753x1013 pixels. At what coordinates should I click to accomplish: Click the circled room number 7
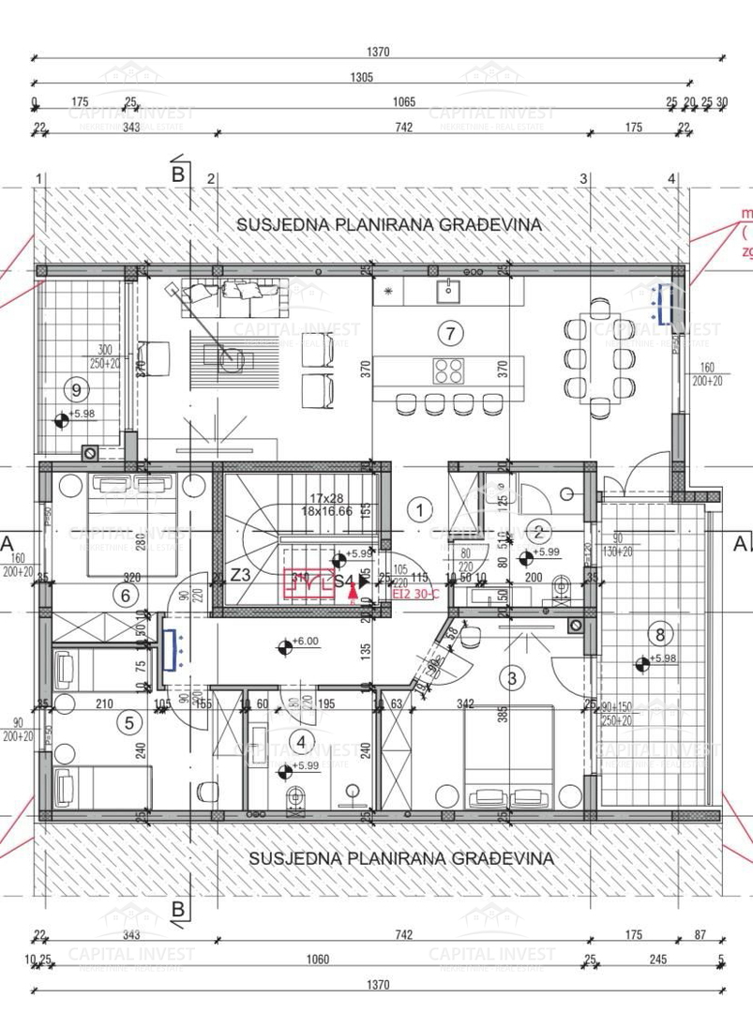[x=451, y=332]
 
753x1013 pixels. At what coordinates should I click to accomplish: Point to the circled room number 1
[x=421, y=510]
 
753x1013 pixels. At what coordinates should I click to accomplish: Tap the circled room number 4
[x=301, y=742]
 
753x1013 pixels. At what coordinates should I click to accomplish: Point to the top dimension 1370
[x=377, y=53]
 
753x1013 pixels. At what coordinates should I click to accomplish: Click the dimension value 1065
[x=404, y=101]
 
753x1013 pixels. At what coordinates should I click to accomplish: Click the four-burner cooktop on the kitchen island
[x=446, y=370]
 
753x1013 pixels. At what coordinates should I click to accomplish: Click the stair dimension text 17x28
[x=333, y=499]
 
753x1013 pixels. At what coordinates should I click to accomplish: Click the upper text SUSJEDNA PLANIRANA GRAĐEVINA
[x=389, y=224]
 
